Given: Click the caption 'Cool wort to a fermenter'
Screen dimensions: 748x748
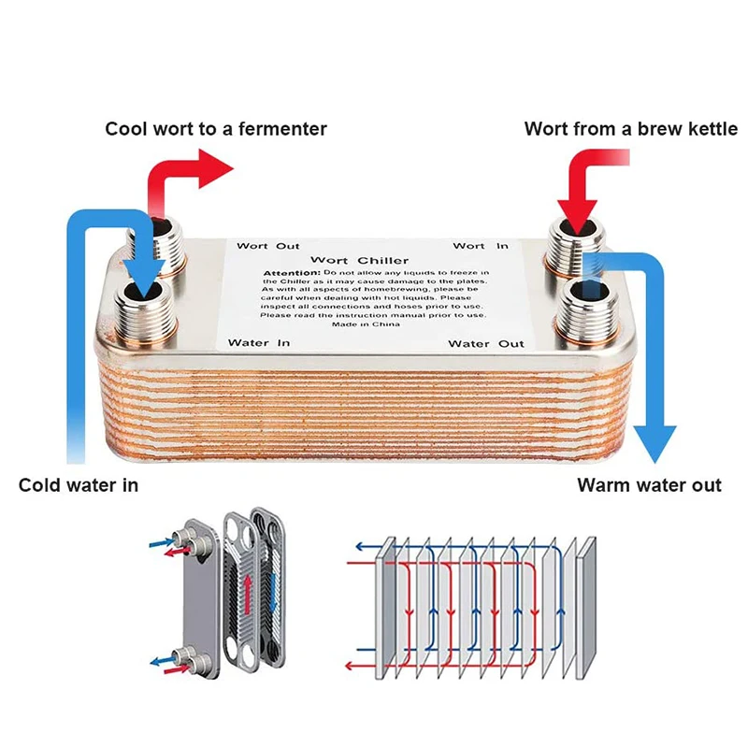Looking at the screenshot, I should [216, 129].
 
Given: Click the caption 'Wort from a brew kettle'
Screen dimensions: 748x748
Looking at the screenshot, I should [631, 129].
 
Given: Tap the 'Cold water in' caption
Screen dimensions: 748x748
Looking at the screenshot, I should [79, 485].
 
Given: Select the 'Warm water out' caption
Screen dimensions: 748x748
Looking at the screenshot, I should [649, 485].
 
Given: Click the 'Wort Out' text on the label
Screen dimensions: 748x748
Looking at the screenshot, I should [267, 246].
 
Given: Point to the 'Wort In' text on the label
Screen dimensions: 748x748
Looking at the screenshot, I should [481, 246].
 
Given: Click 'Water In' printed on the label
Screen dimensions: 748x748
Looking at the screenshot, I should [259, 343].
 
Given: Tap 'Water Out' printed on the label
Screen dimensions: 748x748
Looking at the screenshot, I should [485, 344].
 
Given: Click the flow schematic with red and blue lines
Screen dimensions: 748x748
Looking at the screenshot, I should [472, 603].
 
